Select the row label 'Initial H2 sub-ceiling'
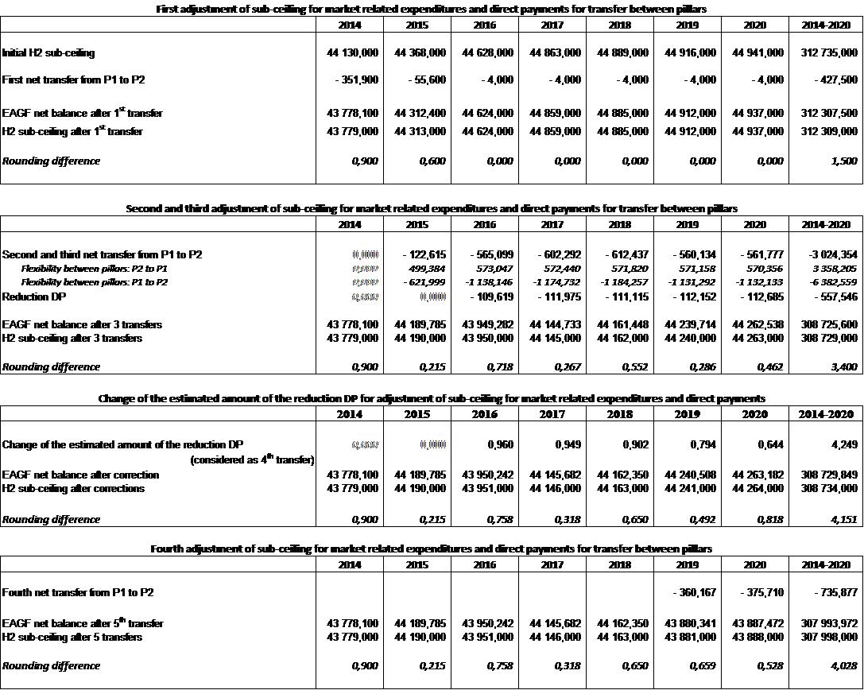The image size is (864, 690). click(48, 52)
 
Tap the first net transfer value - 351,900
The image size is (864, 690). click(357, 80)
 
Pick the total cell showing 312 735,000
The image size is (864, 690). click(829, 52)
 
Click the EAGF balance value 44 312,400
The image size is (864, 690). click(420, 113)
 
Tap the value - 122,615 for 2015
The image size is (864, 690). click(426, 255)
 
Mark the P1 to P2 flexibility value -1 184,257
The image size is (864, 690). click(622, 282)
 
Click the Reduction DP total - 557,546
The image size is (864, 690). click(834, 296)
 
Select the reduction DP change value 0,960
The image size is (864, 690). click(500, 443)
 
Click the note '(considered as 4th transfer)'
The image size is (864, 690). click(252, 459)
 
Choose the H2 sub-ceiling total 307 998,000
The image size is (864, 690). click(829, 637)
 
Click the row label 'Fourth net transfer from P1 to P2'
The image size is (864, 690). click(78, 592)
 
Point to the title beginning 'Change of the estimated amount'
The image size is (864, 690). click(432, 397)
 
